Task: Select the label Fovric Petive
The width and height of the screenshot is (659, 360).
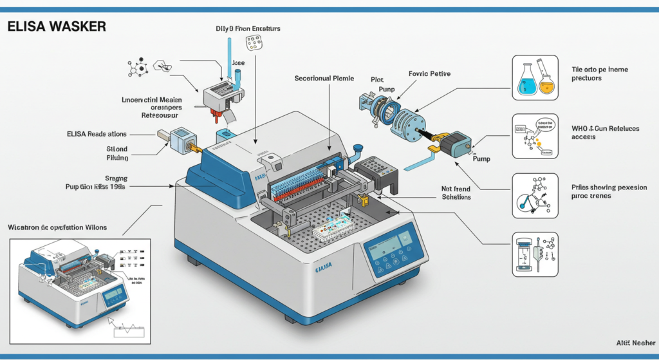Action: (x=429, y=74)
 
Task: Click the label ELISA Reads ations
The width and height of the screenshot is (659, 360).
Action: (x=96, y=134)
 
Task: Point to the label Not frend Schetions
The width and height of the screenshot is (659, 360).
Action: (x=456, y=193)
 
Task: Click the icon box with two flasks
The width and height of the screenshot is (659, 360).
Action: (x=534, y=77)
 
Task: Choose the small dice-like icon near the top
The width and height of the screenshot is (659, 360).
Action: (x=255, y=43)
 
